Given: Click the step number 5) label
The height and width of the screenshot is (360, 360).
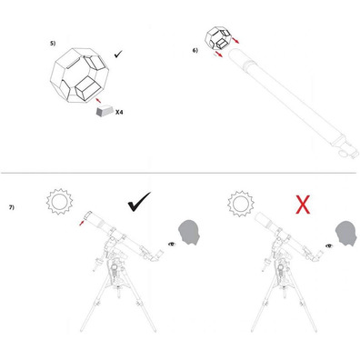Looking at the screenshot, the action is click(53, 43).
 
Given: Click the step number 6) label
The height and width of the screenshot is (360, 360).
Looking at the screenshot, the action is click(195, 50).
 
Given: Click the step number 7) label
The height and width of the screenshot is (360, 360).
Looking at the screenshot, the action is click(12, 207).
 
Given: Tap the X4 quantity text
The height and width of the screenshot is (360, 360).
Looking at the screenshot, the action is click(119, 113).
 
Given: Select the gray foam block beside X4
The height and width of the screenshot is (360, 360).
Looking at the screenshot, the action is click(105, 111).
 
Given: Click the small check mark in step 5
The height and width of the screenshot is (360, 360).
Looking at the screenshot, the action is click(118, 55).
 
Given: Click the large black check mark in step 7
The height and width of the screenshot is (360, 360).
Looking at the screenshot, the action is click(139, 202).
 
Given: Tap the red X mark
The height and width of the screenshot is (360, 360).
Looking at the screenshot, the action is click(303, 205).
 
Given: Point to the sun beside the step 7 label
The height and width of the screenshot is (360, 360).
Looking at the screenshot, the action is click(59, 201).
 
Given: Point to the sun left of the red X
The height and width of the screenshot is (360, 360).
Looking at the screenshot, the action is click(241, 204).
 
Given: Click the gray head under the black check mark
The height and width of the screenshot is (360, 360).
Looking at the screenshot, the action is click(189, 232).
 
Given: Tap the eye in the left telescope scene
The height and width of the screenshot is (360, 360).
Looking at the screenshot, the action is click(172, 244).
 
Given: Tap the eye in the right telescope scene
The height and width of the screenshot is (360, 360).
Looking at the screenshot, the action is click(329, 245).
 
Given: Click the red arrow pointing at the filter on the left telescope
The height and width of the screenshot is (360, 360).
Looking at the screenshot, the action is click(81, 223).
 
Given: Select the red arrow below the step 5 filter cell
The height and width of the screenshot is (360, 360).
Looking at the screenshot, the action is click(98, 100).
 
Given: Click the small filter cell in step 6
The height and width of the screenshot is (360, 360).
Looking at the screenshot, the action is click(218, 38).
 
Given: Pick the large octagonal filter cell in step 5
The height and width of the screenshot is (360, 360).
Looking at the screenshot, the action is click(78, 75).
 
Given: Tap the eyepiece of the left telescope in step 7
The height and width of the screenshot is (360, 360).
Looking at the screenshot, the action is click(158, 254).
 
